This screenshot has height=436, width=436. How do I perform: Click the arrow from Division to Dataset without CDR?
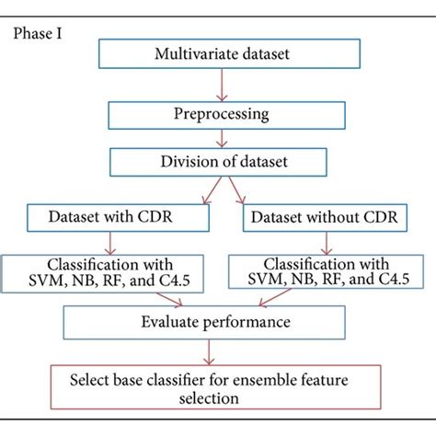tap(235, 192)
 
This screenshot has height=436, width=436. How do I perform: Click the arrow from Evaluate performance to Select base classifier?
tap(214, 352)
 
